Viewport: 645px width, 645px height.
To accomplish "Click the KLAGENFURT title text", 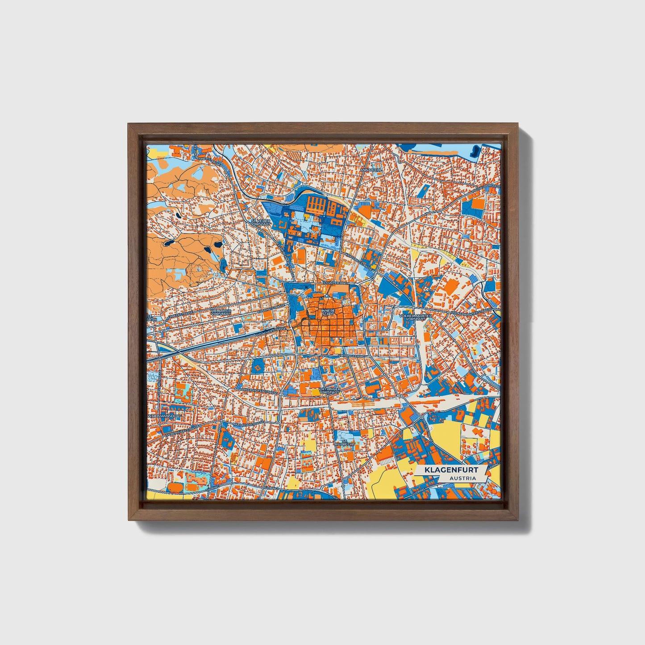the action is click(451, 470).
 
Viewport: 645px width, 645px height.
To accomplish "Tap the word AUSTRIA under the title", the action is click(462, 479).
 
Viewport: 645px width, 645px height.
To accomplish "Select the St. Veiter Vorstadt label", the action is click(261, 222).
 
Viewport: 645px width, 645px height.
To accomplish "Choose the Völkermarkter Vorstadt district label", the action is click(416, 318).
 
